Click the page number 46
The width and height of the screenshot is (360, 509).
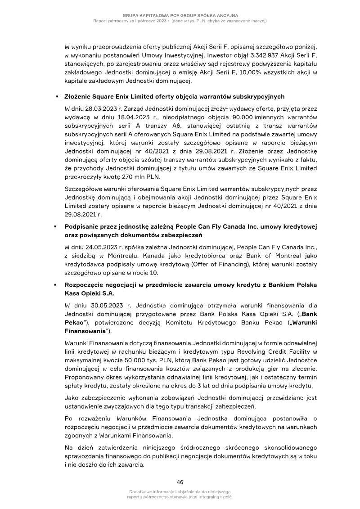[180, 481]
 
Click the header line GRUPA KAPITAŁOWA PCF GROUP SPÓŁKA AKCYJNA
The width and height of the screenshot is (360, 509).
[180, 16]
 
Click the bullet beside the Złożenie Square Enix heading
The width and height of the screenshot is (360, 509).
[57, 97]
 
